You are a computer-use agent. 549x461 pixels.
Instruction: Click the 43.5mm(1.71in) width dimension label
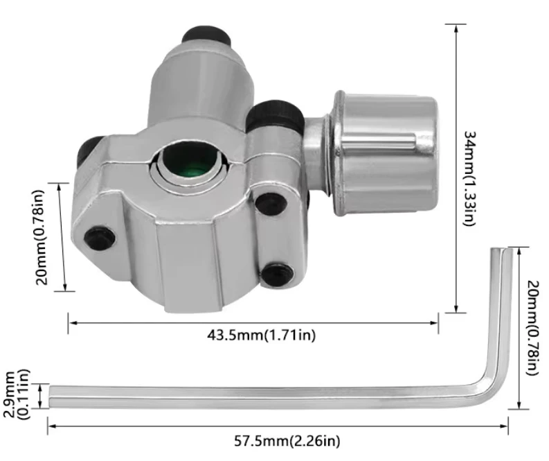(261, 335)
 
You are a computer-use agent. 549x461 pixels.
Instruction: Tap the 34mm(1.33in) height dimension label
(470, 178)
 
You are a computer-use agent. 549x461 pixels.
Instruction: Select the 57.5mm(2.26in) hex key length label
(287, 441)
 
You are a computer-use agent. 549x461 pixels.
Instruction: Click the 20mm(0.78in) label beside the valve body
(41, 237)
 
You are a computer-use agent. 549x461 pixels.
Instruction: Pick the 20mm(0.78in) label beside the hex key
(532, 327)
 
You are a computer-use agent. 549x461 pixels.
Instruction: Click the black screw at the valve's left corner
(100, 238)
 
